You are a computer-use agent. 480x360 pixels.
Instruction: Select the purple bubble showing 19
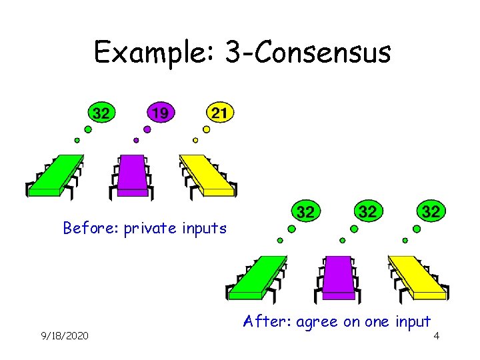pos(159,113)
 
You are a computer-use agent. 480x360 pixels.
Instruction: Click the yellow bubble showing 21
pos(219,113)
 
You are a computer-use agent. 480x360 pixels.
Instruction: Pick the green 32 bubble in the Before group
pos(101,113)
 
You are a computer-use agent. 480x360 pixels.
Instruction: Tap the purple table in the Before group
pos(132,175)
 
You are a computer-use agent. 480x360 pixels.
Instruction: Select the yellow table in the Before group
pos(207,175)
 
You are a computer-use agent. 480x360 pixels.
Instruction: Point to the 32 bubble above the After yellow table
pos(431,212)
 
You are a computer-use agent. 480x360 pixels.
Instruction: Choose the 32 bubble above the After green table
pos(305,212)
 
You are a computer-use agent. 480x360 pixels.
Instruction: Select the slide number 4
pos(436,335)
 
